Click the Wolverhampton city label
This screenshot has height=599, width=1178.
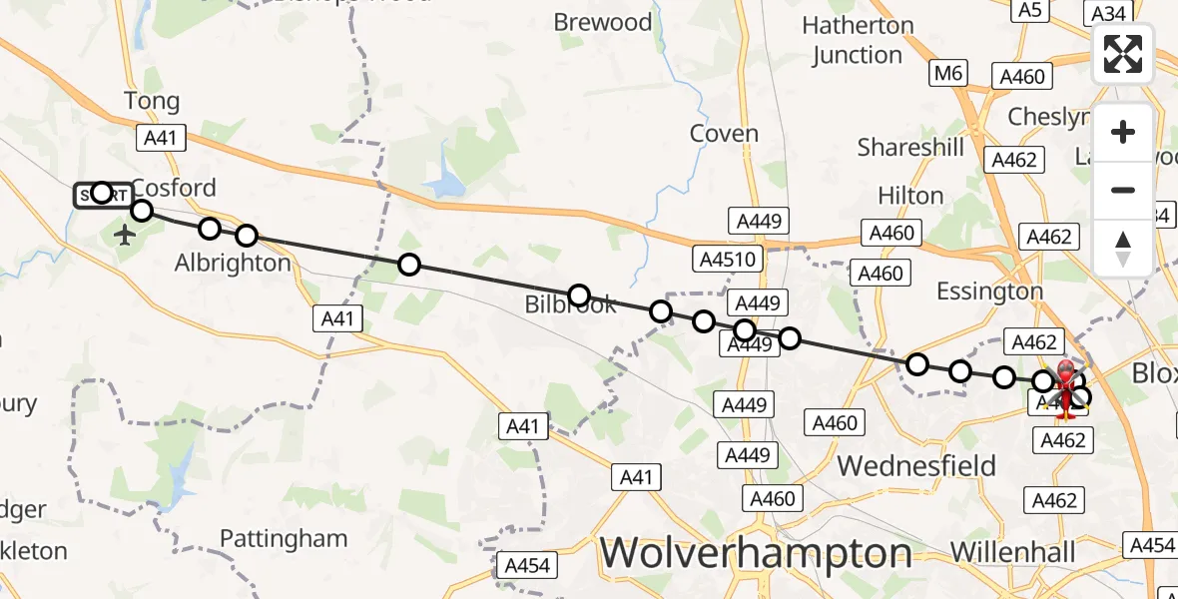click(758, 552)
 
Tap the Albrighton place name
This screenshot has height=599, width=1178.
click(233, 263)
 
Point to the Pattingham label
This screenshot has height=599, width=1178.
click(284, 539)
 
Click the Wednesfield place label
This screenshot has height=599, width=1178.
click(916, 465)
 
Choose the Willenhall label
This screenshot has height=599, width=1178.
click(1013, 552)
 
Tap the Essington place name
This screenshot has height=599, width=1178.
click(989, 292)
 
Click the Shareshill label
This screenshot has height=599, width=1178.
click(910, 148)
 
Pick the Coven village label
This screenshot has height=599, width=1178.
click(724, 134)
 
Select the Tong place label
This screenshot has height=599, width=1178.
click(152, 101)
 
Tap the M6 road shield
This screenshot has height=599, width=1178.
click(947, 73)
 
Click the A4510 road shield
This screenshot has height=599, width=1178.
click(728, 260)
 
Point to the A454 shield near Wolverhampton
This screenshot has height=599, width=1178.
click(527, 566)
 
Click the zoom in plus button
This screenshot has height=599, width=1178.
click(1123, 132)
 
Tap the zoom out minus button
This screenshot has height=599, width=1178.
click(1123, 190)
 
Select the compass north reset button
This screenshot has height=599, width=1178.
click(1123, 248)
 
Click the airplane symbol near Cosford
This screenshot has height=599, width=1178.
click(125, 236)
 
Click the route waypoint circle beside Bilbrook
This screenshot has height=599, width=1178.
click(578, 295)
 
